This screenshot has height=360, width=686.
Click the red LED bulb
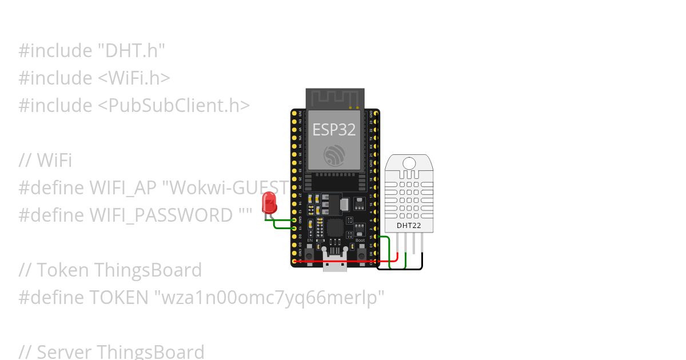(268, 203)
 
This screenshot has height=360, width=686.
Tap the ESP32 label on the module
(334, 129)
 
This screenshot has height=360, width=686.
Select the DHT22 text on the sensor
(409, 226)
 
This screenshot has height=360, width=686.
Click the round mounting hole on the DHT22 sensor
(409, 163)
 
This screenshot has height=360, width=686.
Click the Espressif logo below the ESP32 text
(334, 155)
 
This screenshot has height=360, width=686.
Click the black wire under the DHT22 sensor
(400, 269)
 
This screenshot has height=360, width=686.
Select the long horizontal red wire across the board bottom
(343, 261)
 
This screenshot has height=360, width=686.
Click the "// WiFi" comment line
(45, 161)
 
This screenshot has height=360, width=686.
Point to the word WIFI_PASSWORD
(161, 215)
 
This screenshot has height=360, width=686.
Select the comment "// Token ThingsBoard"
(110, 270)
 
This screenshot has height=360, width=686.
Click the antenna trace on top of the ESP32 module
(335, 98)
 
